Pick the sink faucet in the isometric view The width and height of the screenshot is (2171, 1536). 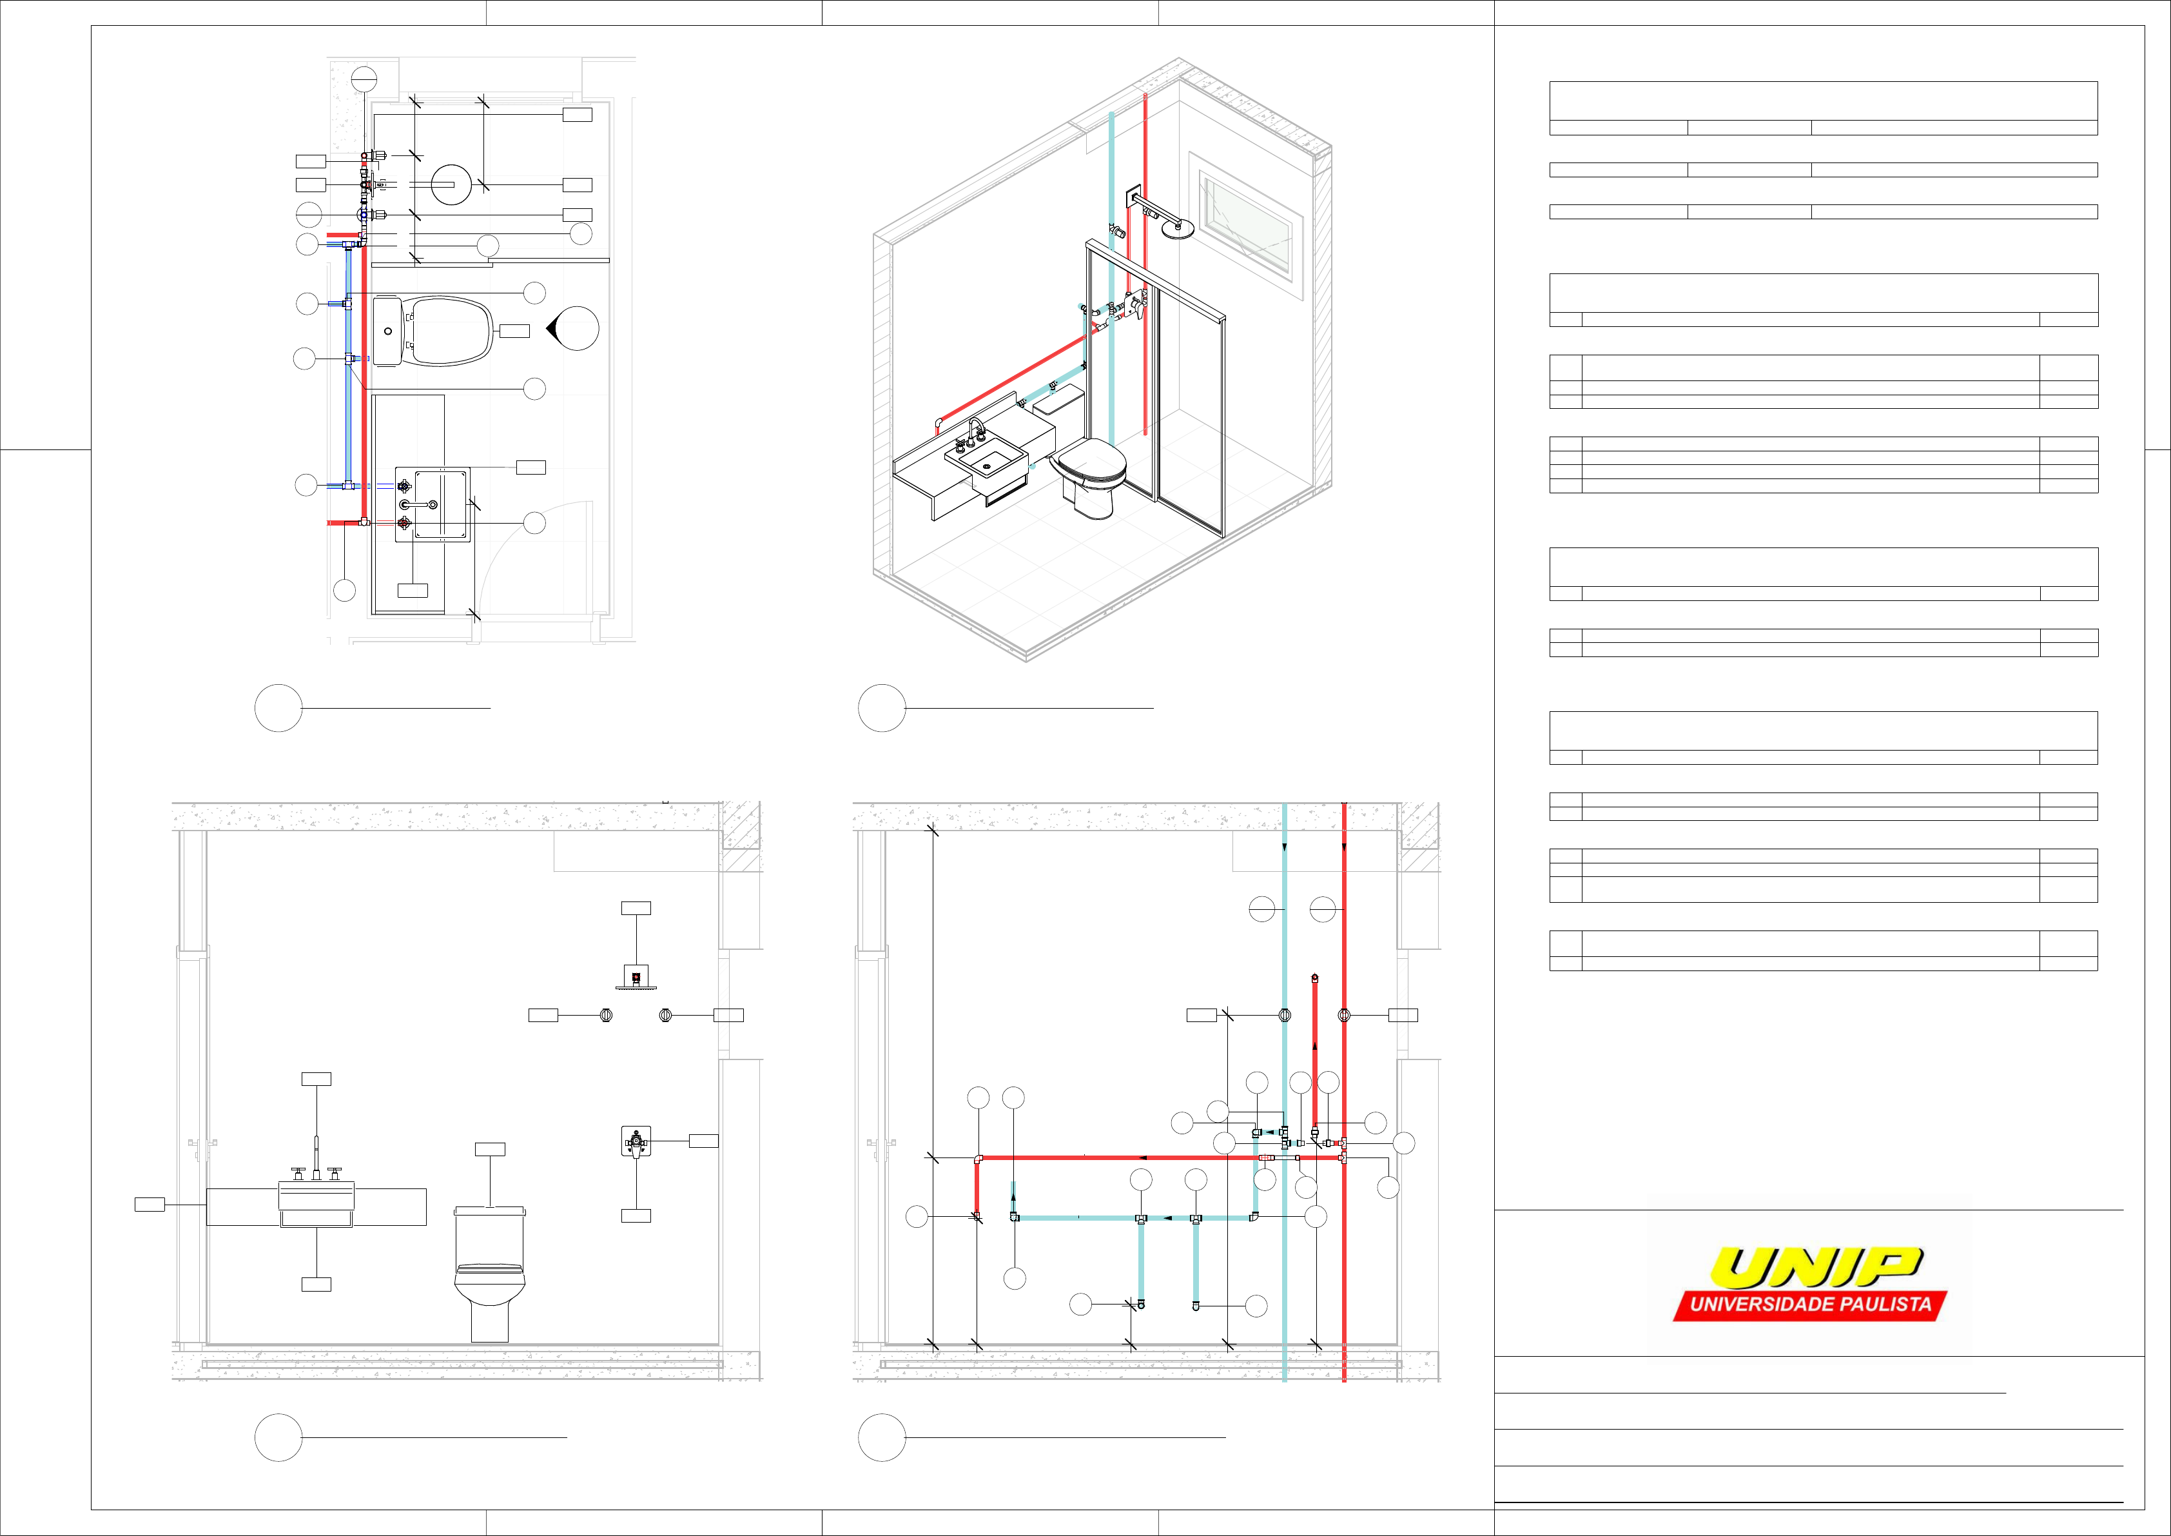pyautogui.click(x=974, y=433)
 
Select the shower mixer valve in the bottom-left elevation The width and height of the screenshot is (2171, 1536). pyautogui.click(x=636, y=1143)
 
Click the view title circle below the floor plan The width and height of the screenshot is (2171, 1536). pyautogui.click(x=278, y=707)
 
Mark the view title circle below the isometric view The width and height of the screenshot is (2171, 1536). pyautogui.click(x=881, y=707)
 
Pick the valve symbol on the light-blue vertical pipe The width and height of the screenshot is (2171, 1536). pyautogui.click(x=1284, y=1015)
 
